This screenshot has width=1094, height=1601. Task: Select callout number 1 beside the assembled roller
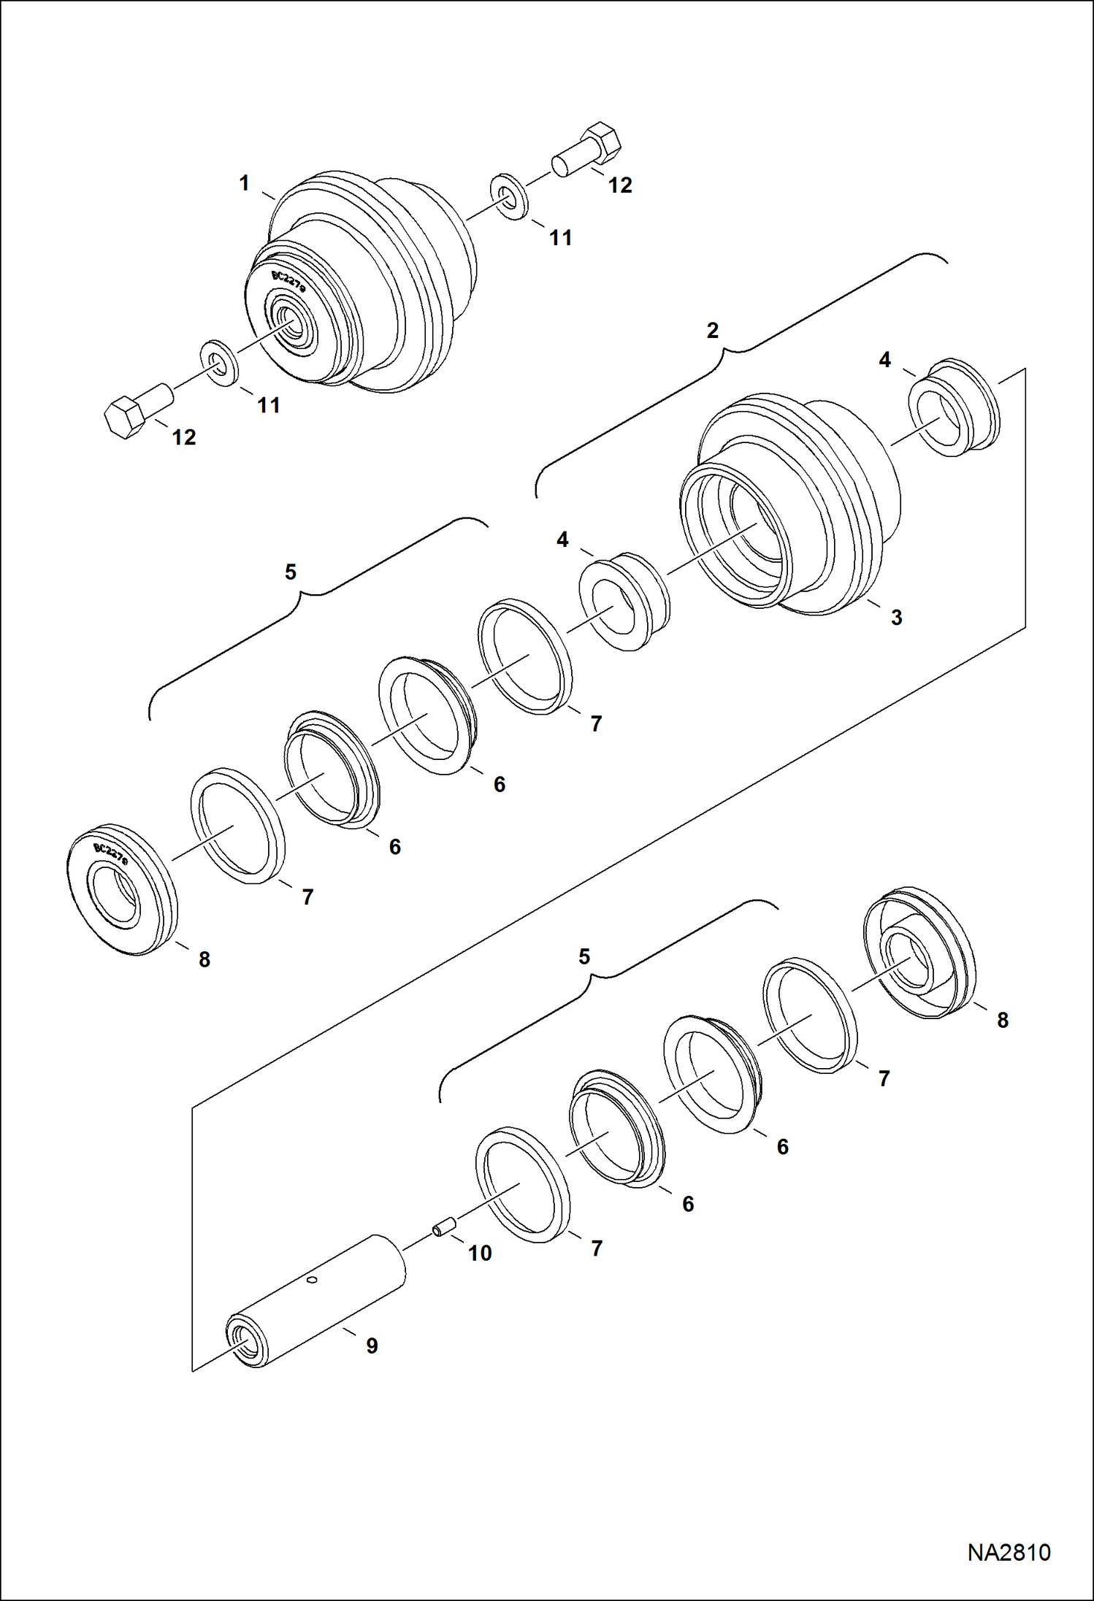point(245,183)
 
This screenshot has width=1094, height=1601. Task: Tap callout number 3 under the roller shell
point(896,617)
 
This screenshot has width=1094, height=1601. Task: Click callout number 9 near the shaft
point(372,1345)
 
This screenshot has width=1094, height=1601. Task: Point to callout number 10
point(480,1253)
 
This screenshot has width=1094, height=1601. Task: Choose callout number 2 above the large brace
point(713,330)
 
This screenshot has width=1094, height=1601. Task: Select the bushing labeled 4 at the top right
point(954,407)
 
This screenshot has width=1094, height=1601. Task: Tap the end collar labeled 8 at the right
point(919,953)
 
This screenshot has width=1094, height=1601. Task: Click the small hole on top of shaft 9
point(312,1280)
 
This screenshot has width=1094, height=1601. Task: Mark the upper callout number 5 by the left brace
point(291,572)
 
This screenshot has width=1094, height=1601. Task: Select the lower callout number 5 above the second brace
point(584,956)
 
